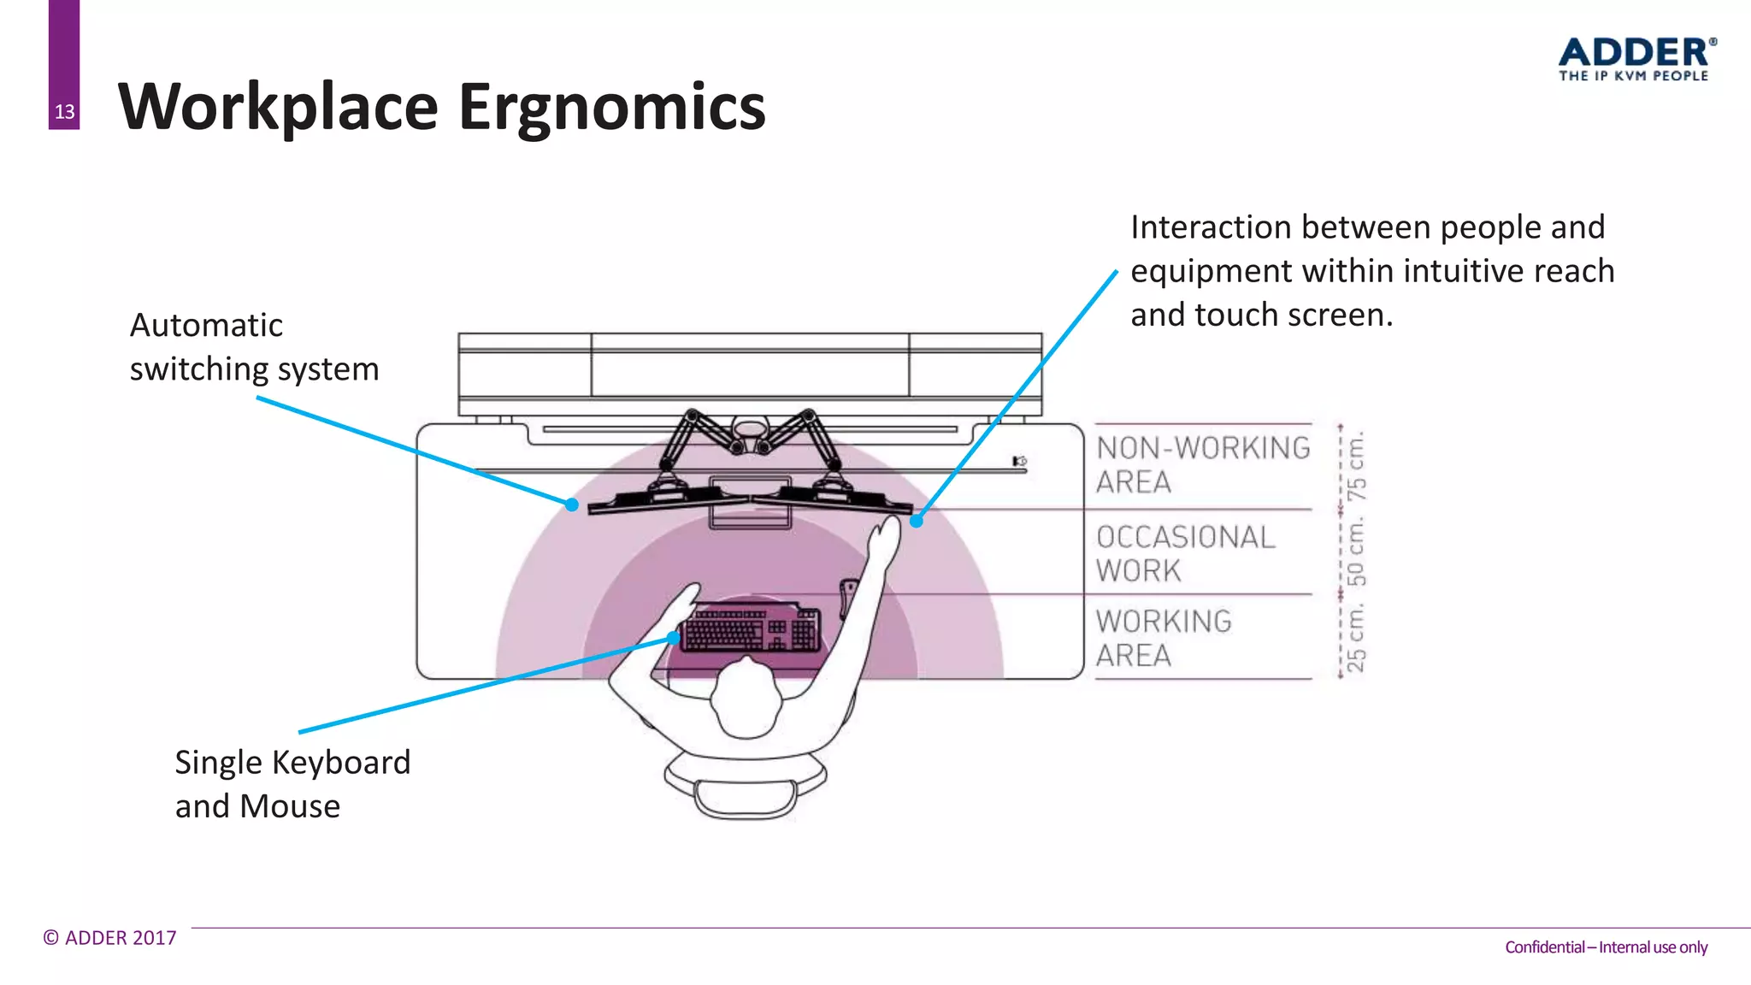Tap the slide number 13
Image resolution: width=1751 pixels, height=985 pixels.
(64, 112)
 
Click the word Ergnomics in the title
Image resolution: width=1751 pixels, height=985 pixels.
(611, 108)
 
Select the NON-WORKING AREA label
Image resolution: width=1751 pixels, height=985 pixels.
(1202, 464)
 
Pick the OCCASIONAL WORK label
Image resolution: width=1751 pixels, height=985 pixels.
(1185, 553)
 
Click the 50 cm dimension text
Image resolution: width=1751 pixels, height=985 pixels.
(1356, 552)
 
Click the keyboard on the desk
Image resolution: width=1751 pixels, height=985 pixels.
(752, 629)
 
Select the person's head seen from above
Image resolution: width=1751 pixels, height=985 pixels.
(746, 697)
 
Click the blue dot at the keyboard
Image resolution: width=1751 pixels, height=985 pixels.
(674, 637)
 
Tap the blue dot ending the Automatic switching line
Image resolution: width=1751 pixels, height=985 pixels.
(572, 504)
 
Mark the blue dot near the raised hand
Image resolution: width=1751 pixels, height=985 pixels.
(917, 520)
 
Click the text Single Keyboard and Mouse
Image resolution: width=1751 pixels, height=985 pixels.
(292, 783)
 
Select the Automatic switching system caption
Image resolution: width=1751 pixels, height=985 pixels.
(254, 347)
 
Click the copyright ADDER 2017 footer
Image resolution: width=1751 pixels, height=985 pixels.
(110, 938)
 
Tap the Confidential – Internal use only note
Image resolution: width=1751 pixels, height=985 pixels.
(1606, 947)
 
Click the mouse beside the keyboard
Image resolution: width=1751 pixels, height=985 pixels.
(848, 596)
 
